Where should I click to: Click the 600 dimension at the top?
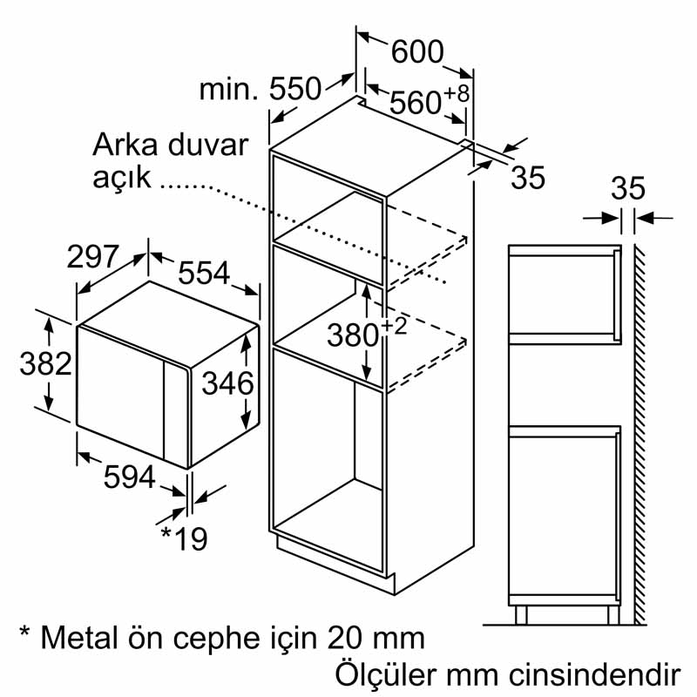[417, 51]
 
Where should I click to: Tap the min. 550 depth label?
[260, 89]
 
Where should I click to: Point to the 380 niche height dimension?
[354, 335]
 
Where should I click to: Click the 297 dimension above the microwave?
[93, 256]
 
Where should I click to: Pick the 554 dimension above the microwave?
[204, 273]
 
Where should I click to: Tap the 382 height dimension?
[45, 363]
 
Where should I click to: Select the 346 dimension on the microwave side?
[227, 383]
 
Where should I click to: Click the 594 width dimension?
[129, 477]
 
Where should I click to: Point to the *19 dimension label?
[184, 538]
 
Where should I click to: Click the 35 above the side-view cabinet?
[627, 188]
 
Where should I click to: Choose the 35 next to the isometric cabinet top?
[528, 178]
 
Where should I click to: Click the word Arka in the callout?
[125, 145]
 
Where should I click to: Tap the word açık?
[122, 179]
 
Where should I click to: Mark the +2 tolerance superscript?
[394, 325]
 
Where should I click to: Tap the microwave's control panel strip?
[177, 413]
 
